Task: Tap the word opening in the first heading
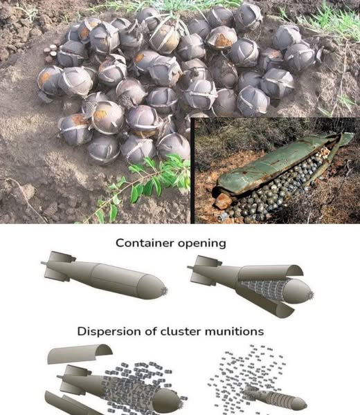(x=202, y=243)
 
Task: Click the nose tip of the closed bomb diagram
(x=166, y=290)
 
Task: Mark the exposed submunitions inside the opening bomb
(x=262, y=289)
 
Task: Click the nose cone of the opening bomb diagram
(x=298, y=290)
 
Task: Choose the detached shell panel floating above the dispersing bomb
(x=80, y=353)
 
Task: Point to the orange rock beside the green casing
(x=223, y=201)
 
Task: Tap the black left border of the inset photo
(x=192, y=171)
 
